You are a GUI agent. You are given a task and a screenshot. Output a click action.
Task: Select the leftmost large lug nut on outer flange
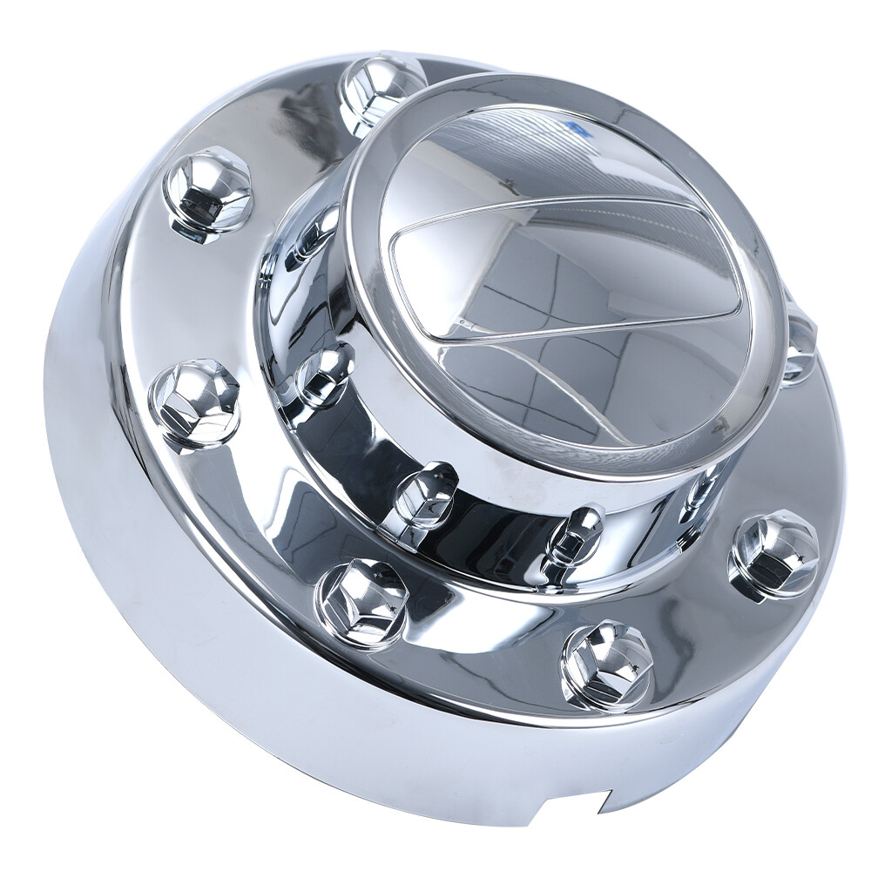193,402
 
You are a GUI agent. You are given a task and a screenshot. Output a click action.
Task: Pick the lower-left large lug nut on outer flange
361,601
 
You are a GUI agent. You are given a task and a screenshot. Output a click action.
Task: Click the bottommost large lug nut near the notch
607,666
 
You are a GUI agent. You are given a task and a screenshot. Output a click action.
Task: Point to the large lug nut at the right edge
773,556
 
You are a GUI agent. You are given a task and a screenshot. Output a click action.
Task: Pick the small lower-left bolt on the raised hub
426,494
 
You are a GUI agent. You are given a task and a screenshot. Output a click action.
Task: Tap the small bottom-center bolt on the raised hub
576,533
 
